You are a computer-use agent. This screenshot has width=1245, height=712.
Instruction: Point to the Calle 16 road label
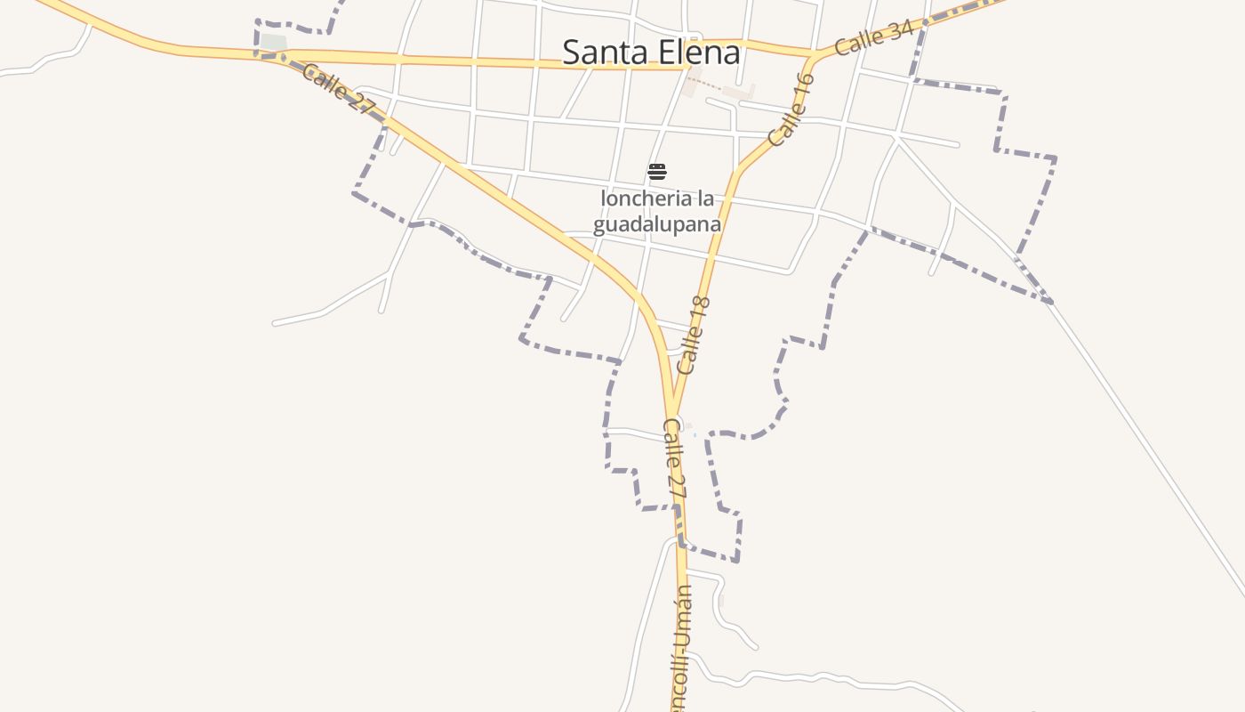[791, 109]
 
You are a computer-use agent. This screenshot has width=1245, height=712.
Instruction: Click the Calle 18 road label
[695, 336]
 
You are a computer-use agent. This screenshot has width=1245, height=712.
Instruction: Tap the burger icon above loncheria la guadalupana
[657, 172]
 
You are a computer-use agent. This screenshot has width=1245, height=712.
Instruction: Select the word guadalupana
[657, 224]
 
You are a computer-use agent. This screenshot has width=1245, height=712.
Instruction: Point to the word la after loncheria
[705, 198]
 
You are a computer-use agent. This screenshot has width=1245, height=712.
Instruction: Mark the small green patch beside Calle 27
[273, 42]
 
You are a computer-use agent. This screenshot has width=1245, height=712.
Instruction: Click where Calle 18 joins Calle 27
[674, 413]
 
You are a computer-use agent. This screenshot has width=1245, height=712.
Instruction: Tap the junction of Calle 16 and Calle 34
[812, 57]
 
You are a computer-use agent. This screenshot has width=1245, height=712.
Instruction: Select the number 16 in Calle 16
[802, 88]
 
